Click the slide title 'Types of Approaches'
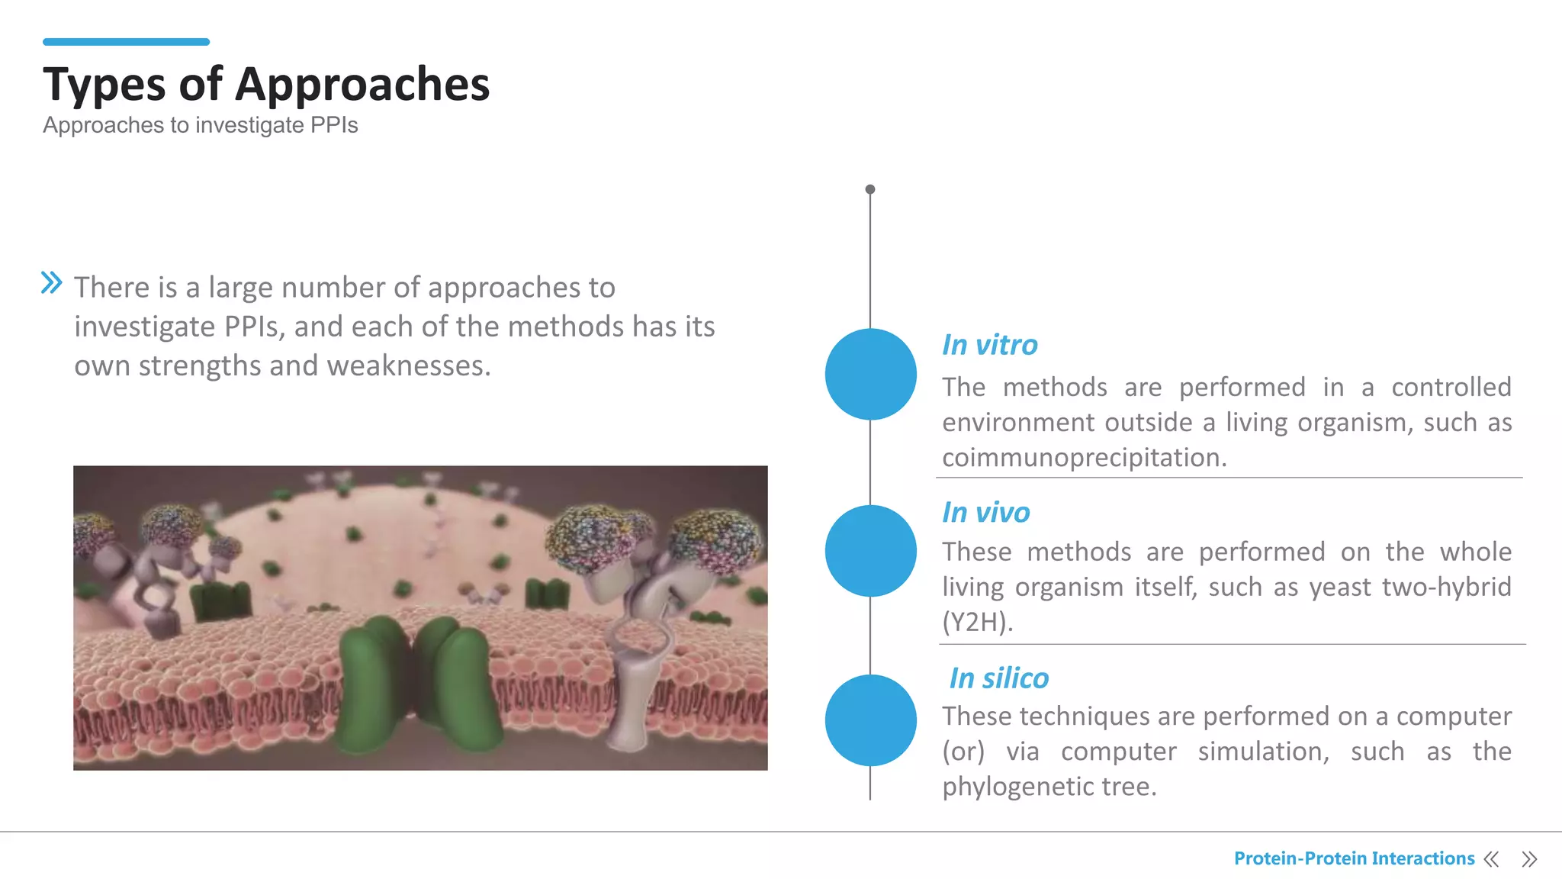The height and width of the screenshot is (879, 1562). (266, 84)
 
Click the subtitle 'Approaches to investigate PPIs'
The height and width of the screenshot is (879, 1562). (201, 125)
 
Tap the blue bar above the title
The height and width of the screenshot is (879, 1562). (126, 42)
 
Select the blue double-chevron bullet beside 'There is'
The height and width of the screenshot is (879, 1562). (51, 283)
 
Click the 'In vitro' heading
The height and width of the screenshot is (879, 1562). (989, 345)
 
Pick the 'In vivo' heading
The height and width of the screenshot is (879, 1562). (985, 512)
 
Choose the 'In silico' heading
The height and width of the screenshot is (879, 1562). (998, 678)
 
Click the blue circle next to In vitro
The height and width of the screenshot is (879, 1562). (870, 374)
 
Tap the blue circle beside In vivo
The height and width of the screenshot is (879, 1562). (870, 550)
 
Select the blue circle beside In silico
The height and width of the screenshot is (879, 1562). (870, 720)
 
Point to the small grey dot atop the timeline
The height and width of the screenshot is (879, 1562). (870, 189)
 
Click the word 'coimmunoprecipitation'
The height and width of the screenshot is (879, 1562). (1083, 458)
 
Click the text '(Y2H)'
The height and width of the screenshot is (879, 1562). (977, 623)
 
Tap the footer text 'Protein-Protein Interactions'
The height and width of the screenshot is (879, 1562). (1354, 858)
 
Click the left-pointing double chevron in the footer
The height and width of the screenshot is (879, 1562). (1491, 859)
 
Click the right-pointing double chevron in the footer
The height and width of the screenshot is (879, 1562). (1529, 859)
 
